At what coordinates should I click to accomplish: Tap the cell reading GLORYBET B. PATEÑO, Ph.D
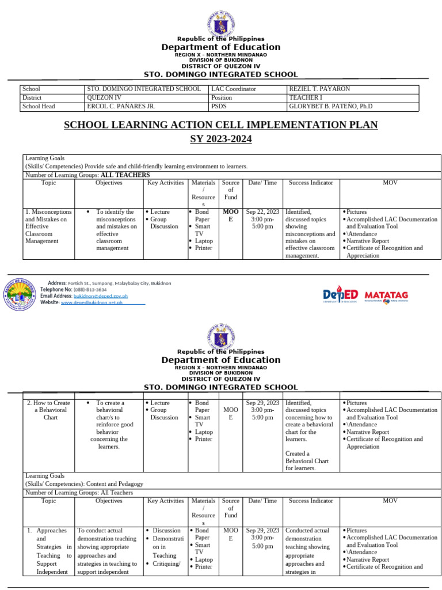pos(330,107)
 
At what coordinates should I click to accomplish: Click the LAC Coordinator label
pos(234,89)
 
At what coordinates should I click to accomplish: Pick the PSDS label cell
pos(219,107)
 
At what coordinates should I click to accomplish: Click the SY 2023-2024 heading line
pos(220,139)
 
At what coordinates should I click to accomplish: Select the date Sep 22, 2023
pos(262,212)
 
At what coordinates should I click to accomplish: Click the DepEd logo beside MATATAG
pos(340,295)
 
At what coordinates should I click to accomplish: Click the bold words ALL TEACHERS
pos(125,175)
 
